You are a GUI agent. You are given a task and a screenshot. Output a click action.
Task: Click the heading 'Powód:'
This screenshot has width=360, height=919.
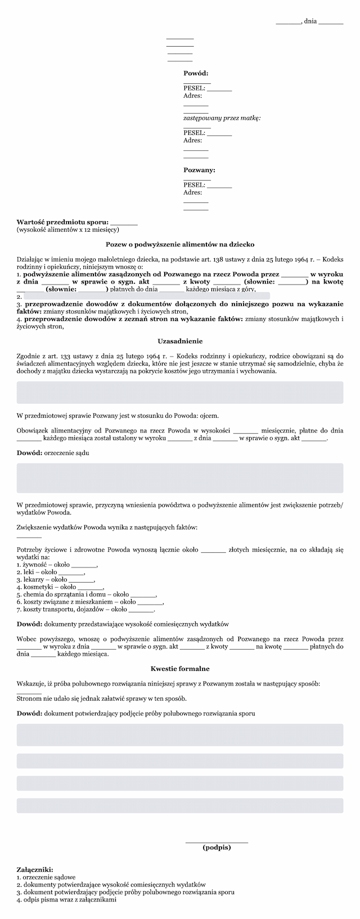[196, 73]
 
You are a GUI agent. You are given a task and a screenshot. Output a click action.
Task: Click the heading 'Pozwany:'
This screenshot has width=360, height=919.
[199, 170]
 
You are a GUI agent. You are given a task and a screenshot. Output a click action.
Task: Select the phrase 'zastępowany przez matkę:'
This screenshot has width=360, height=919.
[222, 118]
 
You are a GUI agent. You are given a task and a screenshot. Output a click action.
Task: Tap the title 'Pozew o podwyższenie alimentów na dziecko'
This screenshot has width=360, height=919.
[180, 245]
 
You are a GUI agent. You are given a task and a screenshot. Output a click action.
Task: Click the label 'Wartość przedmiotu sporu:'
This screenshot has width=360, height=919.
[62, 222]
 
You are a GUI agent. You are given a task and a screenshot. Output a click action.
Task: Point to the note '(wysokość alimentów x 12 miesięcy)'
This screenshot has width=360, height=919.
[68, 229]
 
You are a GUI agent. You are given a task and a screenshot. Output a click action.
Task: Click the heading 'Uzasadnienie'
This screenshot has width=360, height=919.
[180, 341]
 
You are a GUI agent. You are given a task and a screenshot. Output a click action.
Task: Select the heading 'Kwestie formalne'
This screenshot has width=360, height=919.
[180, 669]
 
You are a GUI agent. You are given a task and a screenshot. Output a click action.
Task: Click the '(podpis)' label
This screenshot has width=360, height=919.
[217, 848]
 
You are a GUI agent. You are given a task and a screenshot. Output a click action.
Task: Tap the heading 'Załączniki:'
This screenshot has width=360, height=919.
[35, 869]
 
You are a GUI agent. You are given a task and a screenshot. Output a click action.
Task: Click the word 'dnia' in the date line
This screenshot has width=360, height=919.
[310, 21]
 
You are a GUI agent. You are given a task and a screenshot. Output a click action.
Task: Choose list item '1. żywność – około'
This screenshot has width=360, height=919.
[43, 564]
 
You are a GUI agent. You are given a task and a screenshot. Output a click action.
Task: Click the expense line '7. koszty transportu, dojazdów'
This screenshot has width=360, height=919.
[63, 609]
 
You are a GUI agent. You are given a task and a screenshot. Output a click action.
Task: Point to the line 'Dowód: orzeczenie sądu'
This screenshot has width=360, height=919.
[53, 453]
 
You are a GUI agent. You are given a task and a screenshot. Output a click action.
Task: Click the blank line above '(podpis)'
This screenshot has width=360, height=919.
[217, 841]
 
